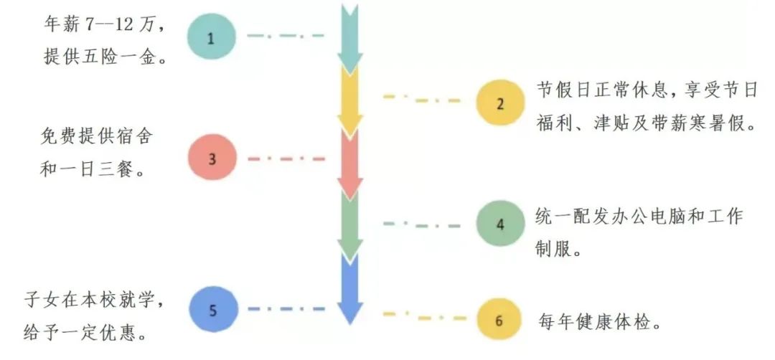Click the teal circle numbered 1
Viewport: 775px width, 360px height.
(x=211, y=38)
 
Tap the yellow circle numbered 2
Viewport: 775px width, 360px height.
(x=500, y=103)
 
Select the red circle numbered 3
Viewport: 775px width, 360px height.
(x=212, y=159)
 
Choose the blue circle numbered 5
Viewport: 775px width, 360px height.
(x=212, y=311)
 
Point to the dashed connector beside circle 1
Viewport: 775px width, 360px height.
(x=285, y=35)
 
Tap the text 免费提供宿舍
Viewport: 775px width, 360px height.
(x=98, y=136)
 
